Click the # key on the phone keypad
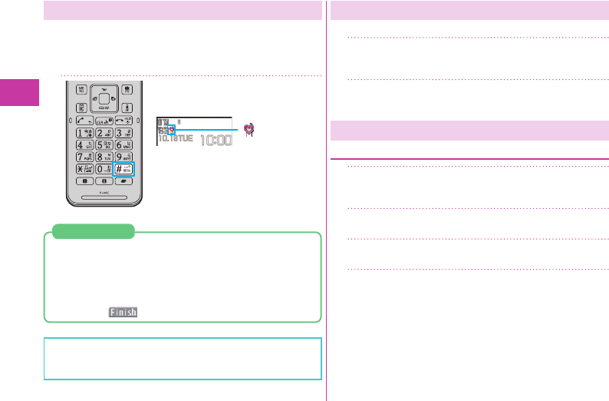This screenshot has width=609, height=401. (124, 169)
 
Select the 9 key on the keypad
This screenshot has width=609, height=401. (124, 156)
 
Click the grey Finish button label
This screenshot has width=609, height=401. (123, 312)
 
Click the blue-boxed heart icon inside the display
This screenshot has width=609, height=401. (171, 131)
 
